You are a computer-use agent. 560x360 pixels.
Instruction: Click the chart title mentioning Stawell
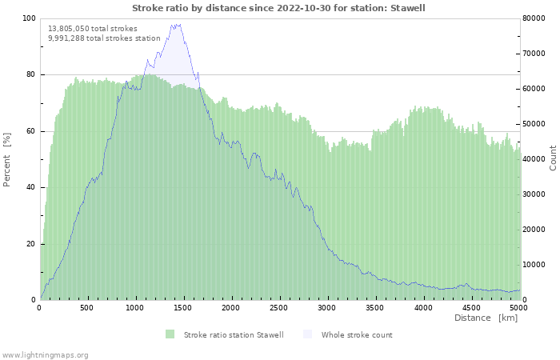tap(278, 8)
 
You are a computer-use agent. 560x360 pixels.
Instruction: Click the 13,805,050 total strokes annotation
tap(93, 29)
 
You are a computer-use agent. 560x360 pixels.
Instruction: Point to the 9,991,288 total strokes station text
tap(104, 38)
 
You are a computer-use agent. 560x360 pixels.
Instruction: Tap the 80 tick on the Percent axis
tap(30, 75)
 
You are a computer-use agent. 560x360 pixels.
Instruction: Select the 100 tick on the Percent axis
tap(29, 18)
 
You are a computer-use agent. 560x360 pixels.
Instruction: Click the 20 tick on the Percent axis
tap(30, 244)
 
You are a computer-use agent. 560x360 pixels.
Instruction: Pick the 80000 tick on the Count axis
tap(536, 18)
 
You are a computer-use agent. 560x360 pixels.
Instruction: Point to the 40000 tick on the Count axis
tap(536, 159)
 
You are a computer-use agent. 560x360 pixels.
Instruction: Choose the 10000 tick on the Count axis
tap(536, 265)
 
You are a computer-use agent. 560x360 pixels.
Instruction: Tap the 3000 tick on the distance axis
tap(327, 308)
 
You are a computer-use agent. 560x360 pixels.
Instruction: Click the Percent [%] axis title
tap(7, 159)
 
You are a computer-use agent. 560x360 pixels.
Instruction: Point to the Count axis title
tap(553, 158)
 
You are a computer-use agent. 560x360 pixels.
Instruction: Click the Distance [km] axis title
tap(486, 318)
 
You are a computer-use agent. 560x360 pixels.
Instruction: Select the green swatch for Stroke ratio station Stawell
tap(170, 334)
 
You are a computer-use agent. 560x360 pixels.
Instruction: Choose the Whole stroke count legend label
tap(357, 335)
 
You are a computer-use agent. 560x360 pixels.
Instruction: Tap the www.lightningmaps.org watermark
tap(46, 354)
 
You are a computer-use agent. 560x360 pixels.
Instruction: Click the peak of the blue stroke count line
tap(174, 24)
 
